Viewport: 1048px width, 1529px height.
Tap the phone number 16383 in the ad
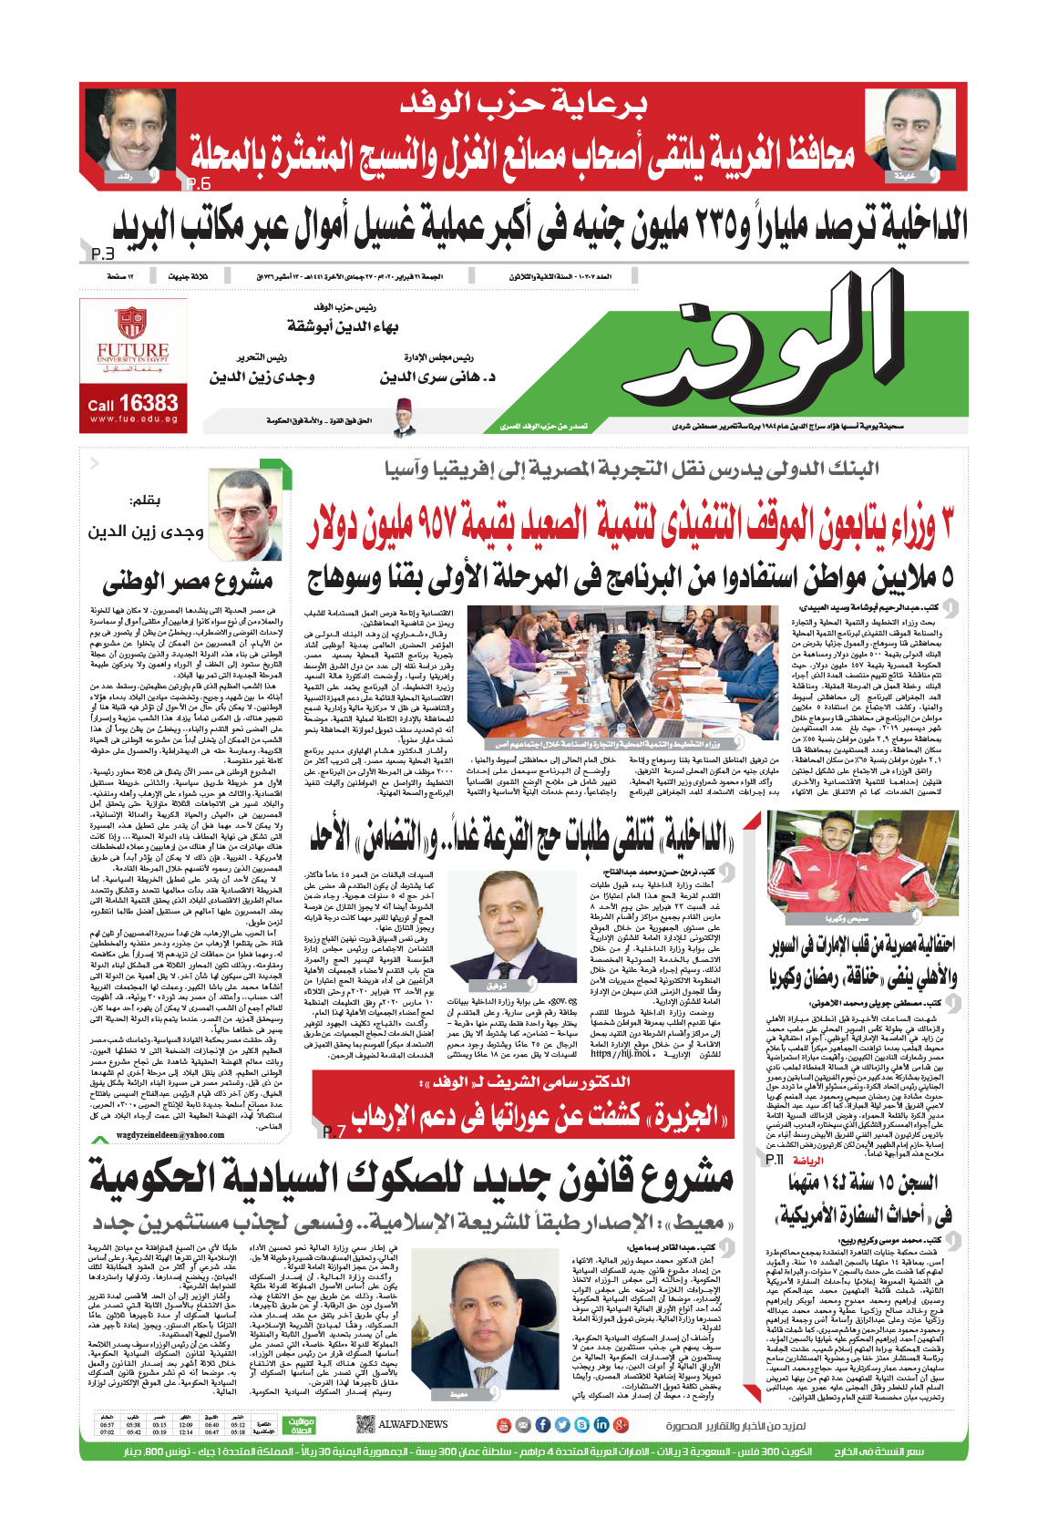(148, 403)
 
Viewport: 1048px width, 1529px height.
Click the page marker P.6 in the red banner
(198, 184)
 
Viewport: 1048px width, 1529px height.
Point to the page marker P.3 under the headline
(102, 253)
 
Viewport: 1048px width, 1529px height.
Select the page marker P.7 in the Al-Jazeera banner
(334, 1131)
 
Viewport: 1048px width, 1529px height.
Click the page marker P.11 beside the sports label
(775, 1160)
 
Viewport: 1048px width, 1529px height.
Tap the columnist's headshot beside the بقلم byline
(249, 510)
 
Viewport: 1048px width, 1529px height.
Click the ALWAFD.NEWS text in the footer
(413, 1424)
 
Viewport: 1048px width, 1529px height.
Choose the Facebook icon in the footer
(542, 1425)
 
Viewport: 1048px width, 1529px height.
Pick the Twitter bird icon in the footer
(562, 1425)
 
